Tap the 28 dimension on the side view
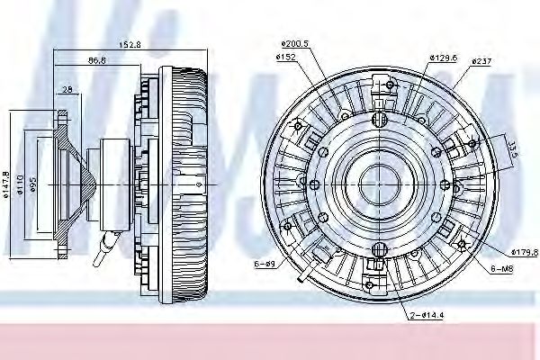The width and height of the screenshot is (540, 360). click(68, 90)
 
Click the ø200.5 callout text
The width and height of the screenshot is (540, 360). click(293, 43)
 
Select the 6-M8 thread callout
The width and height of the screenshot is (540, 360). click(503, 268)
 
